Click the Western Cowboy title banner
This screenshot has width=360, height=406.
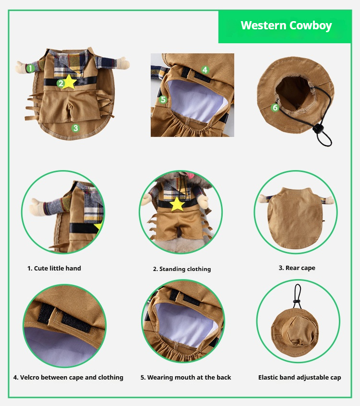[286, 26]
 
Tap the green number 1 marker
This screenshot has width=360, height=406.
[30, 68]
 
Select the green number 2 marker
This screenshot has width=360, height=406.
[60, 83]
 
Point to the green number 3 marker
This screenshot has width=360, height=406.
[75, 128]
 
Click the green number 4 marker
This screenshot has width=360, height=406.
[205, 70]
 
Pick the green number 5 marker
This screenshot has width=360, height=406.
[163, 100]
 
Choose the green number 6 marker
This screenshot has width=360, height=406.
[275, 108]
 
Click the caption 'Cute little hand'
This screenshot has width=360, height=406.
[54, 268]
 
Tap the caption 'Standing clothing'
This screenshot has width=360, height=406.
[182, 269]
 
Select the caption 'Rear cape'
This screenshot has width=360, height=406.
[297, 268]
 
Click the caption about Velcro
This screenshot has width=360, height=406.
[68, 378]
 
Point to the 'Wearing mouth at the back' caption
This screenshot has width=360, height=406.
[186, 378]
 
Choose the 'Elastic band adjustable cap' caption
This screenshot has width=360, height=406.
[300, 378]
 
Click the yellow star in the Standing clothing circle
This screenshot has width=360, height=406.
[178, 204]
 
